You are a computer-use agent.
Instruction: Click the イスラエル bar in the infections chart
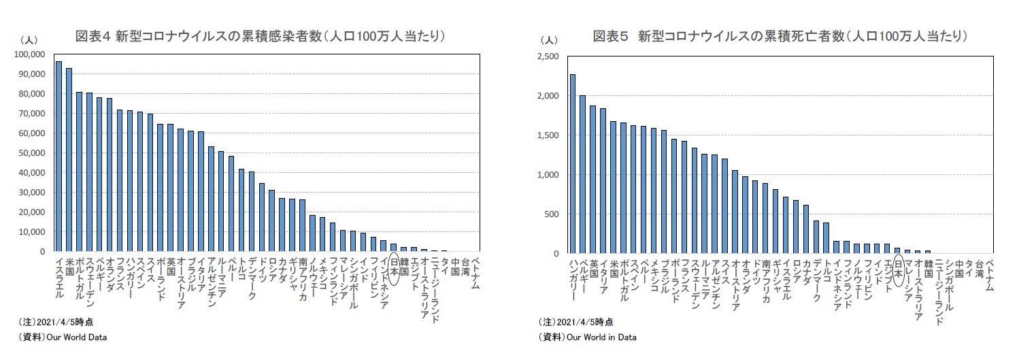59,157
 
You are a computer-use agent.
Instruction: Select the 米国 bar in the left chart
69,160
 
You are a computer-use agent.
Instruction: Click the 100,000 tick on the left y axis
29,54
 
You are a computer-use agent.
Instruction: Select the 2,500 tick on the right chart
547,57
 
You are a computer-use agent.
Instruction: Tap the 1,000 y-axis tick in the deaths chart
547,175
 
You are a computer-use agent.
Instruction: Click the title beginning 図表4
261,36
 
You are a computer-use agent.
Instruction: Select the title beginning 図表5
780,36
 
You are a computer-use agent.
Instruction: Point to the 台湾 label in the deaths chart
979,268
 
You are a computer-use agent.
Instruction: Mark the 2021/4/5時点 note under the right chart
575,322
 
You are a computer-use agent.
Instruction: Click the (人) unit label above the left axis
29,40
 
